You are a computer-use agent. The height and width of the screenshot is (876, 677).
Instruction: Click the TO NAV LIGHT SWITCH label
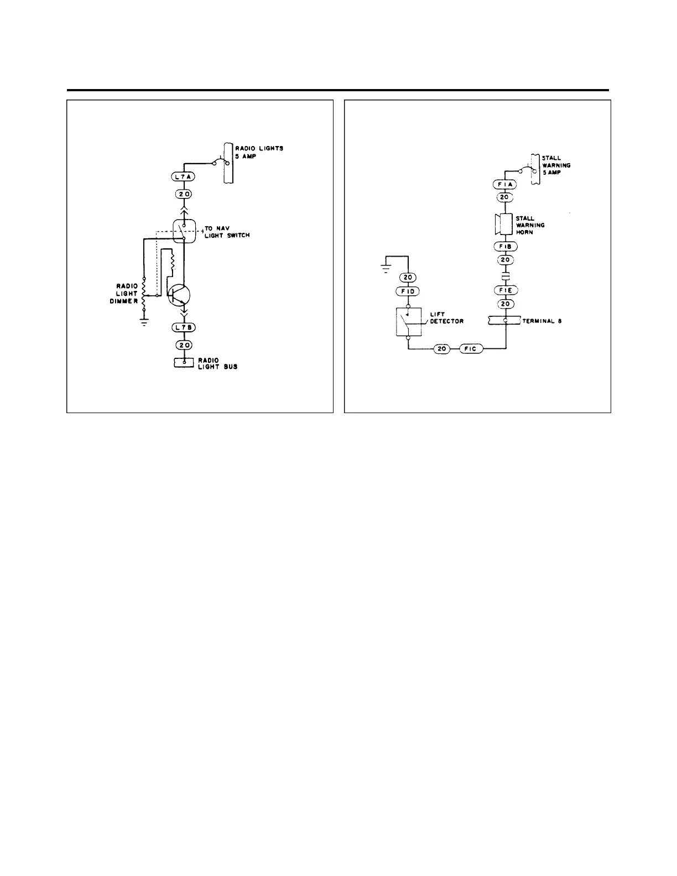coord(227,232)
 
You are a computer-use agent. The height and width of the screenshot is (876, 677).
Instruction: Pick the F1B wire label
coord(504,247)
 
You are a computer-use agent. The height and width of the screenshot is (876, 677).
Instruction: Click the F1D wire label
coord(408,291)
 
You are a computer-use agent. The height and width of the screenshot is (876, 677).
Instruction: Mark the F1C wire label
coord(470,349)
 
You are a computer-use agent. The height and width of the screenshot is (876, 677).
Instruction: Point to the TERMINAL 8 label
coord(542,321)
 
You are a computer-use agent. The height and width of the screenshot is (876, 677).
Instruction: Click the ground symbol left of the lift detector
coord(383,269)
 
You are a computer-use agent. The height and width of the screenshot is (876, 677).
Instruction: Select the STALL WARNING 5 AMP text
coord(555,165)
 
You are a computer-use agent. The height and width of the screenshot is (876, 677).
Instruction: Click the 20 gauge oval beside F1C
coord(441,349)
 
